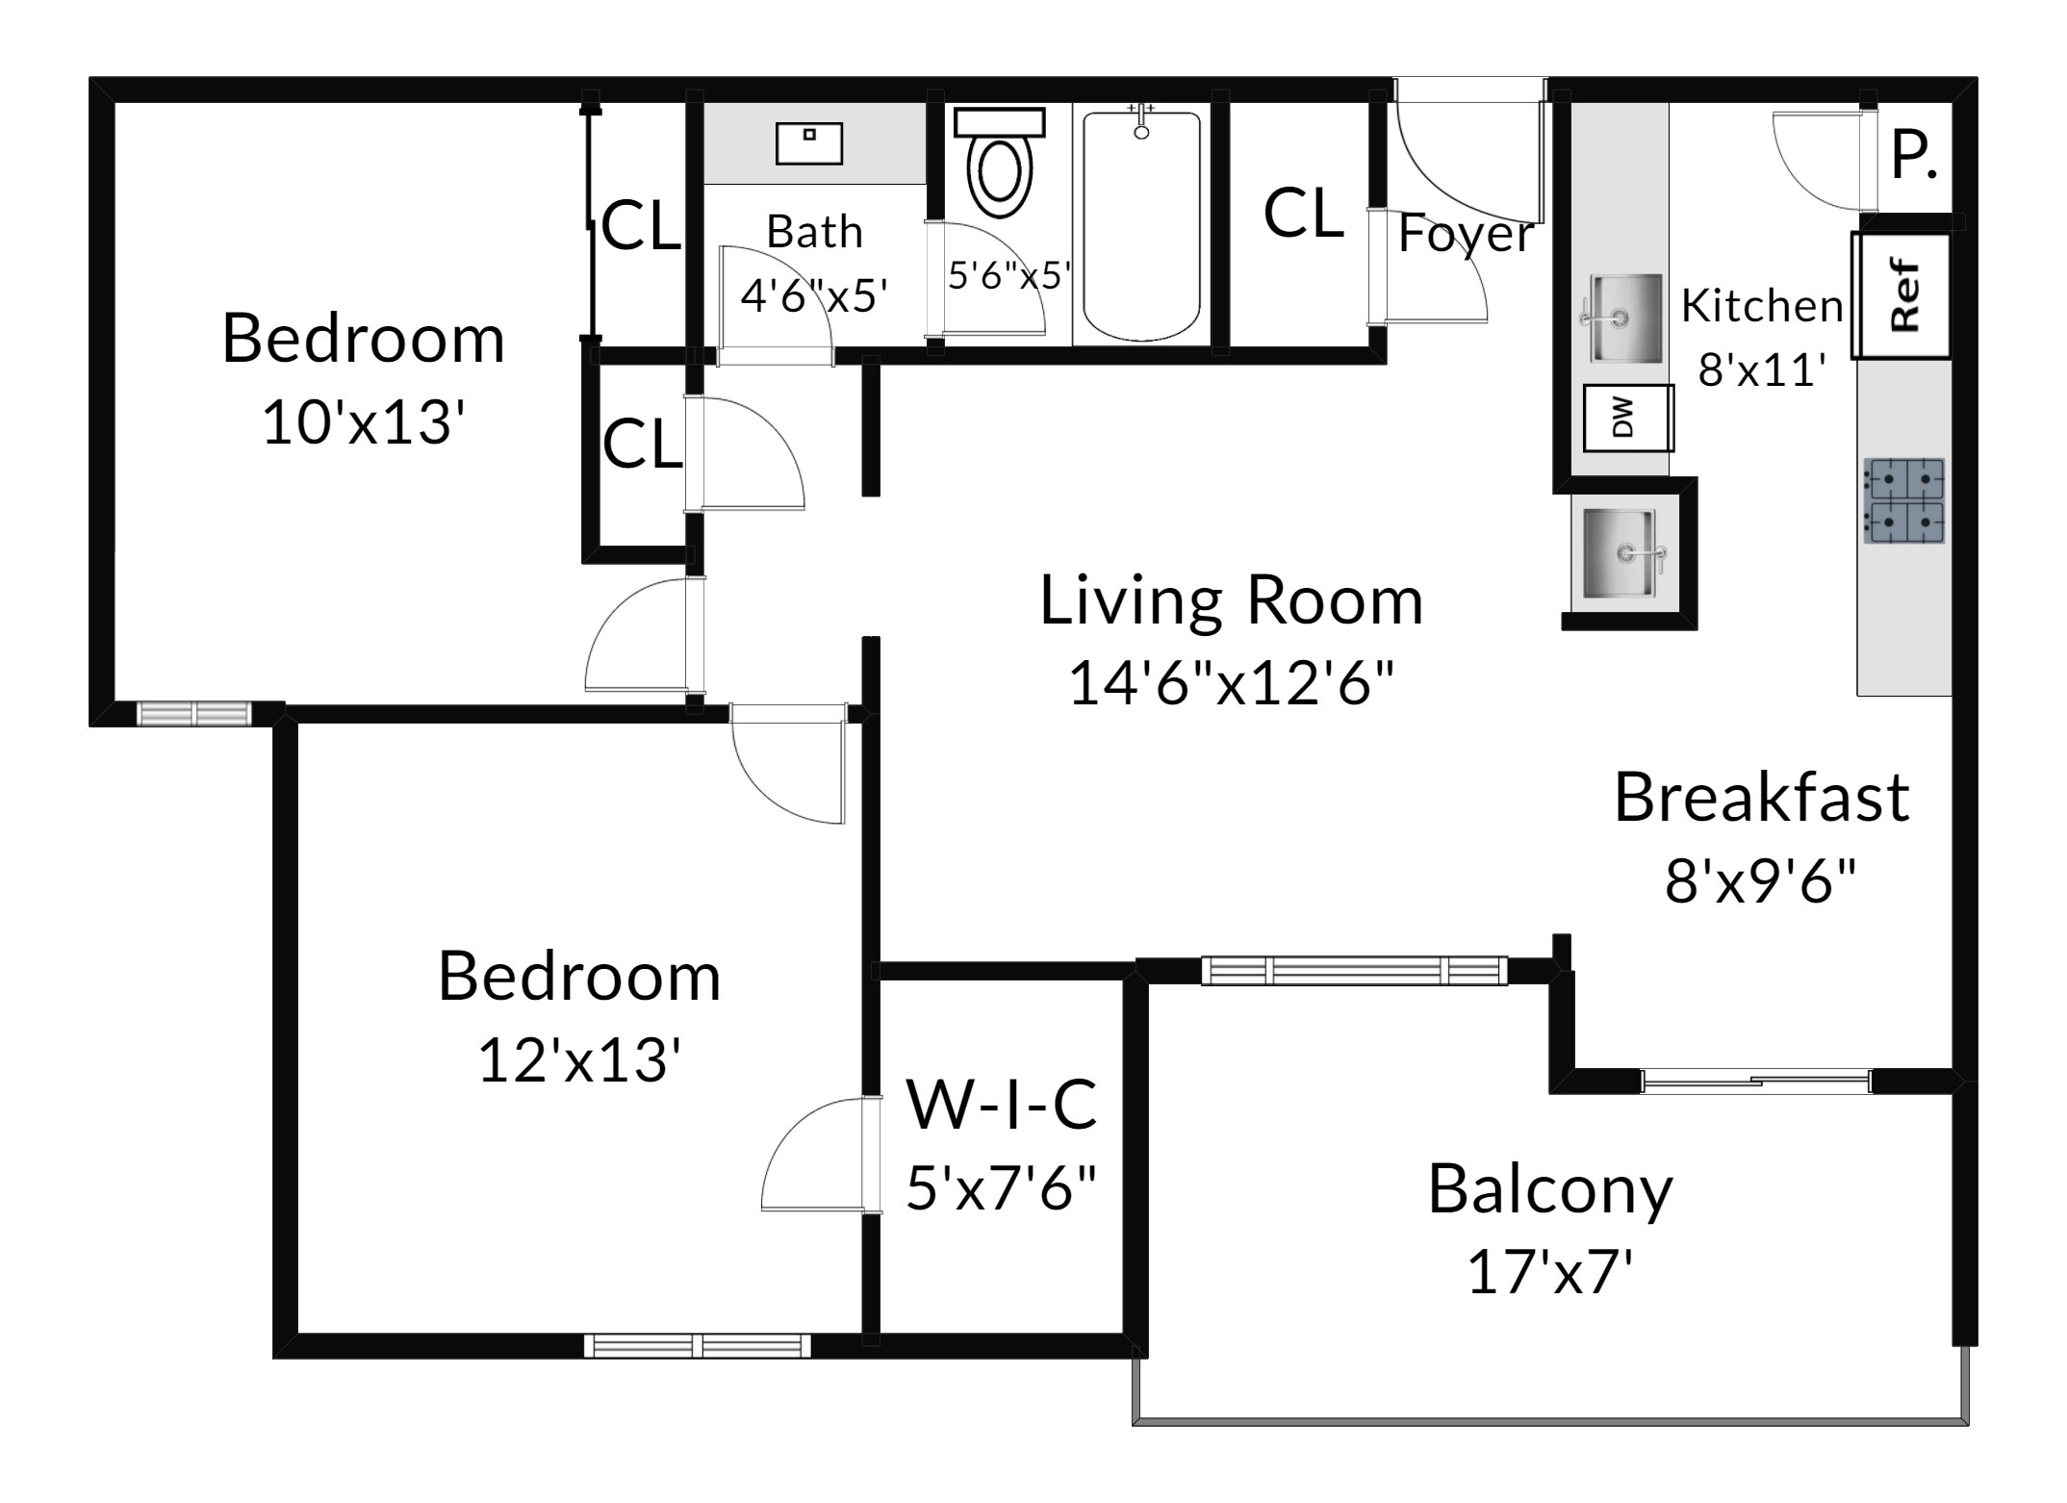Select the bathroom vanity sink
(809, 143)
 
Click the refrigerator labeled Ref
(1902, 295)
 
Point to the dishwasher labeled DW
(1628, 418)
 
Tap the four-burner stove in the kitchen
(1904, 500)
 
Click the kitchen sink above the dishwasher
(1624, 318)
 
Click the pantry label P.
(1914, 156)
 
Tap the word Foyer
(1466, 234)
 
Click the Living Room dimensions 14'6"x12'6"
(1231, 683)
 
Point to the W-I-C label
(1002, 1104)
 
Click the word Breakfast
(1762, 798)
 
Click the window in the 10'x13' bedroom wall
(193, 713)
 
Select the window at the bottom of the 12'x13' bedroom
(698, 1344)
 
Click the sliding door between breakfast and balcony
(1757, 1082)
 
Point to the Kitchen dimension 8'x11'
(1763, 369)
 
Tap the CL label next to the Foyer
(1303, 214)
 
